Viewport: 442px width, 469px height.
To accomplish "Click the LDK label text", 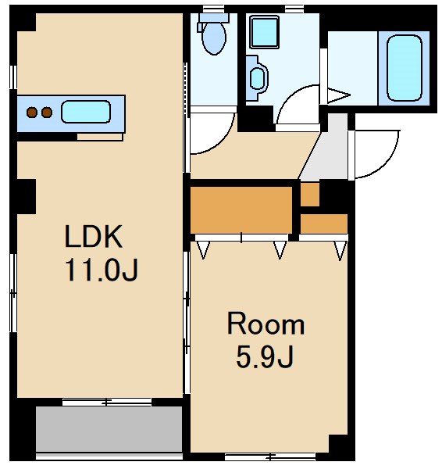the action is click(94, 236).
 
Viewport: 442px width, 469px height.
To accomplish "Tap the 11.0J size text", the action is click(101, 270).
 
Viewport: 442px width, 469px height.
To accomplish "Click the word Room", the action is click(266, 324).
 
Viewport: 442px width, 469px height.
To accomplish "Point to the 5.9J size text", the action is click(265, 356).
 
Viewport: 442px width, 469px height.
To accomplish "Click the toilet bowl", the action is click(214, 38).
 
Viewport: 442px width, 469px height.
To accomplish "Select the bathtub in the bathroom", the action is click(404, 68).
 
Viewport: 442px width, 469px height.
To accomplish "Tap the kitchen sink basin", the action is click(86, 112).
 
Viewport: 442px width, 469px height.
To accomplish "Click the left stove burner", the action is click(32, 113).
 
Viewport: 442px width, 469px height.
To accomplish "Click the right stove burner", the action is click(47, 113).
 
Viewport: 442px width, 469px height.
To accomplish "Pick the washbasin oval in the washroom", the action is click(257, 78).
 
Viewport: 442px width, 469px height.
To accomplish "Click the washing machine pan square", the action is click(265, 32).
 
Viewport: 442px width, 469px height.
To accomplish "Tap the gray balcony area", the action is click(109, 429).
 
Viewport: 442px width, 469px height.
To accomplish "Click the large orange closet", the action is click(241, 210).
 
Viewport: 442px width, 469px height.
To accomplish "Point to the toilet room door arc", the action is click(220, 143).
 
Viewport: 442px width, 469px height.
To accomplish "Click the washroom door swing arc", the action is click(287, 95).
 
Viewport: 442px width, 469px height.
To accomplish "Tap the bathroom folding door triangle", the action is click(339, 95).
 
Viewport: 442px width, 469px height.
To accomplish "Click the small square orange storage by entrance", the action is click(309, 195).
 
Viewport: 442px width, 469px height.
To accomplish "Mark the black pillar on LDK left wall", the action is click(27, 196).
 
